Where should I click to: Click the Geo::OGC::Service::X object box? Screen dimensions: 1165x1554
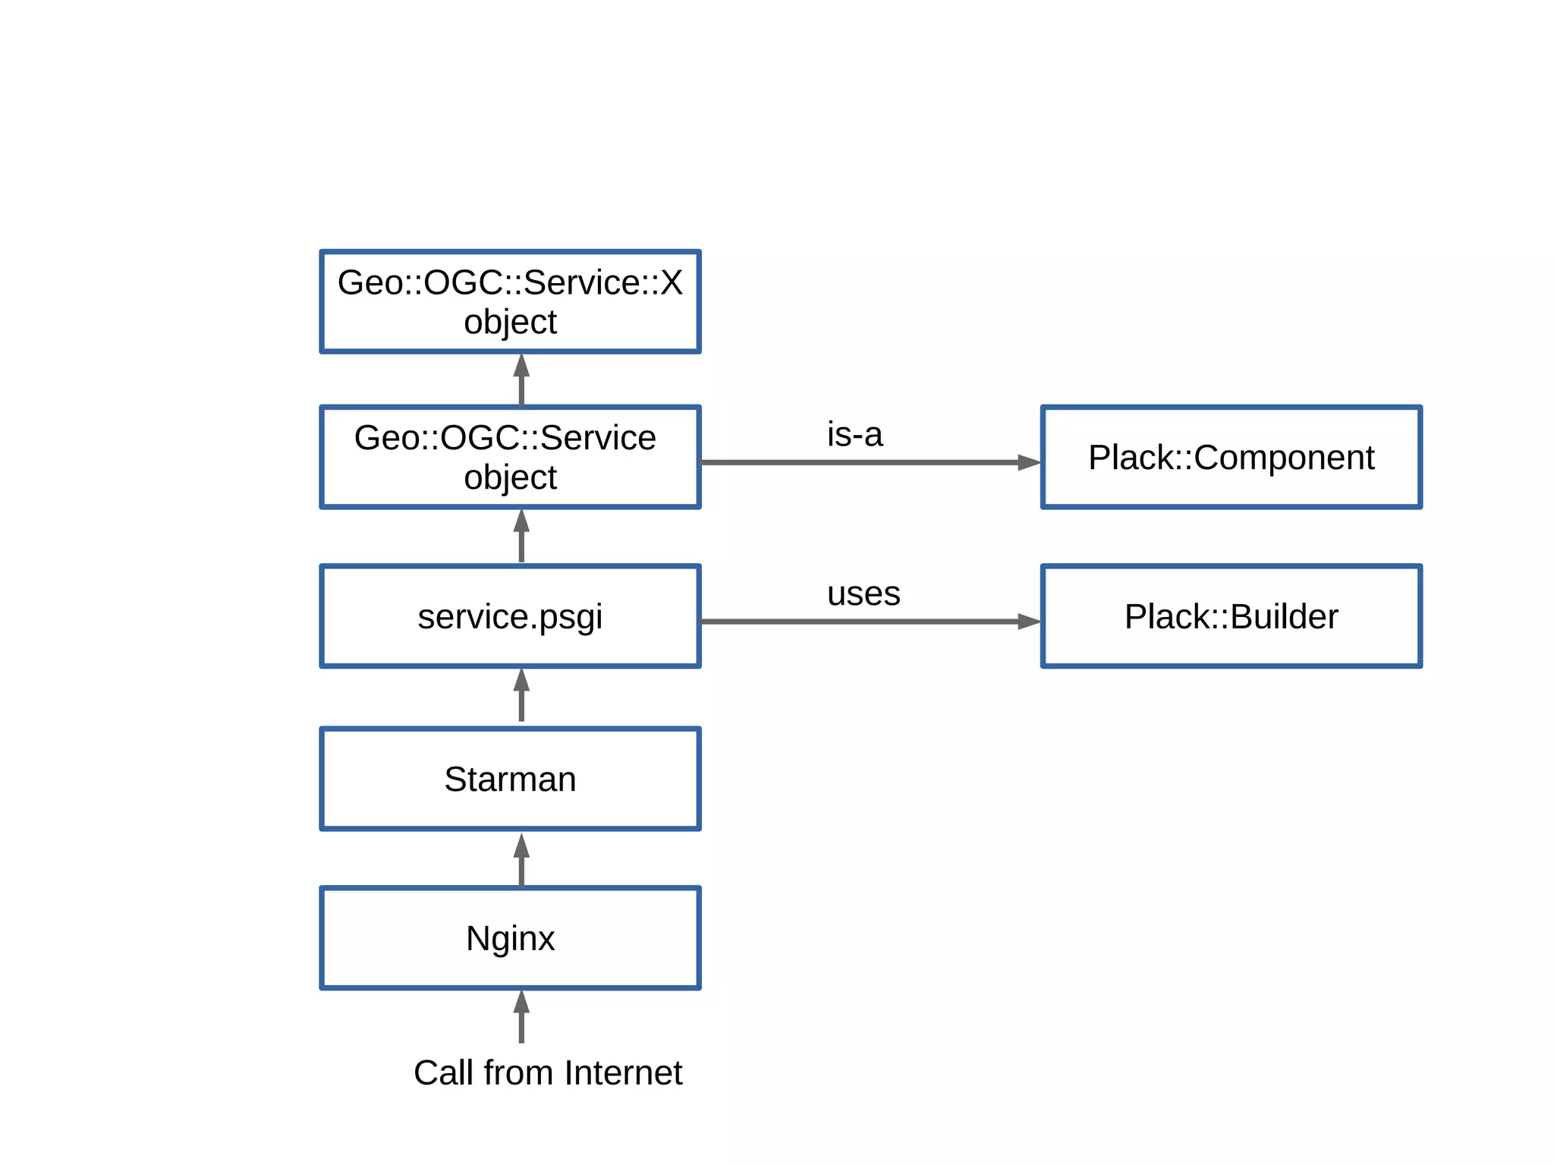[510, 301]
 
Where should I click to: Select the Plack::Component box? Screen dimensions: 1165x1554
[1231, 457]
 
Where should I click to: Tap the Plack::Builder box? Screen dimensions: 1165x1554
[1231, 616]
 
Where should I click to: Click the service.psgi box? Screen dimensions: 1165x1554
[510, 616]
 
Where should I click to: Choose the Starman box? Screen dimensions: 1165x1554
[510, 779]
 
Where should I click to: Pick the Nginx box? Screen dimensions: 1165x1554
[510, 938]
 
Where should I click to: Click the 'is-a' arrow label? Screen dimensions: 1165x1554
[854, 435]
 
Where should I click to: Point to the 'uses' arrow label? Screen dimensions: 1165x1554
[864, 594]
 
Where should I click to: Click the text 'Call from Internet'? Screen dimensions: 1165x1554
[547, 1073]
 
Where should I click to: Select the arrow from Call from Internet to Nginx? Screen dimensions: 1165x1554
[521, 1017]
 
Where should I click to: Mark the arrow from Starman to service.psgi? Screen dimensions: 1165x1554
[521, 695]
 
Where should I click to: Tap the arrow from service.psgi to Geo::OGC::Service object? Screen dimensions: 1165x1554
[521, 536]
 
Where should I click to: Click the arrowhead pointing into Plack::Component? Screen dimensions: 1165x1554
[1029, 462]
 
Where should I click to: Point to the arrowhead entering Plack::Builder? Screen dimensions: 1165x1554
[1029, 622]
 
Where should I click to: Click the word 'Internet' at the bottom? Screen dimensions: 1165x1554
[623, 1073]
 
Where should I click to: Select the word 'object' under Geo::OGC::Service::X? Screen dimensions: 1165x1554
[510, 322]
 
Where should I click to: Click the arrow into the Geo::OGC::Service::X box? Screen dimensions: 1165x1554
[521, 379]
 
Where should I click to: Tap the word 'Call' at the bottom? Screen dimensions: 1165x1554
[444, 1073]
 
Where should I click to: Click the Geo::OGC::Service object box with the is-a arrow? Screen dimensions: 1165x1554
[510, 457]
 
